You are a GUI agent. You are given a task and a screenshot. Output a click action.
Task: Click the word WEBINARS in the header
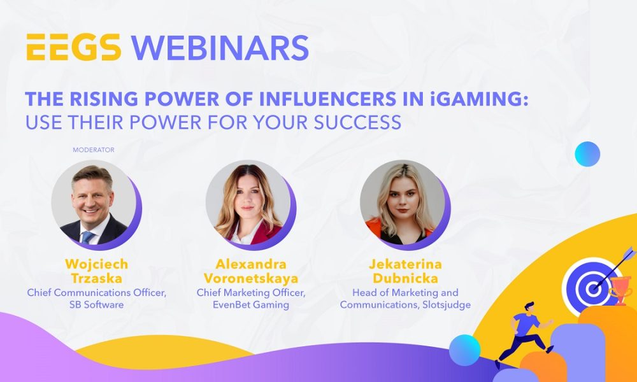point(220,48)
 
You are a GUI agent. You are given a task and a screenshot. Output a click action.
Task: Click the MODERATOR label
point(93,150)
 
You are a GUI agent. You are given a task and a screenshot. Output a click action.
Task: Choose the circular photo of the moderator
point(94,202)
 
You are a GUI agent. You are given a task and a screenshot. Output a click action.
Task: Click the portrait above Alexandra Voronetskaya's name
point(248,202)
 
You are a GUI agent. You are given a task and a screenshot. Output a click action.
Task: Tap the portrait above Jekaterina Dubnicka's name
point(403,202)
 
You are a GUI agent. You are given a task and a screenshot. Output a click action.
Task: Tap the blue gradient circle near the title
point(587,154)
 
